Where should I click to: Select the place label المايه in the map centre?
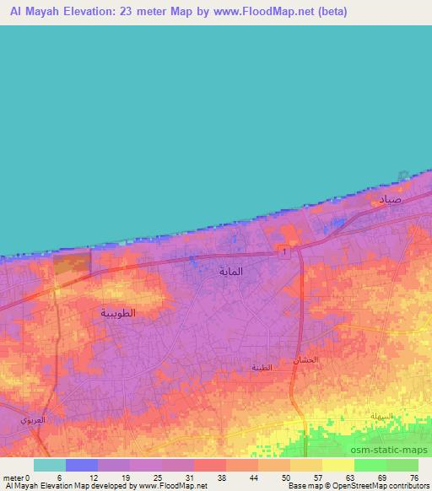[230, 272]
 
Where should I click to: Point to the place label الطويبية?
[118, 313]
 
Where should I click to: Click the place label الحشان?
[305, 360]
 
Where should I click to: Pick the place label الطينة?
[262, 367]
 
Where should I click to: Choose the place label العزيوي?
[34, 419]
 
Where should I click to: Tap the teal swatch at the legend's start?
[50, 465]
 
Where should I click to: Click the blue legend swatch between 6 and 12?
[82, 465]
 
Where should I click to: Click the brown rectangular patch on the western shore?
[72, 262]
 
